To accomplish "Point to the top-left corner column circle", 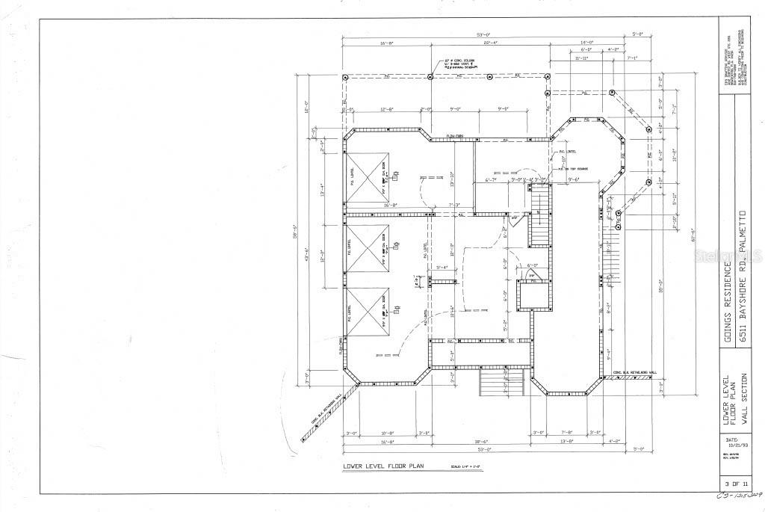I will [345, 78].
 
